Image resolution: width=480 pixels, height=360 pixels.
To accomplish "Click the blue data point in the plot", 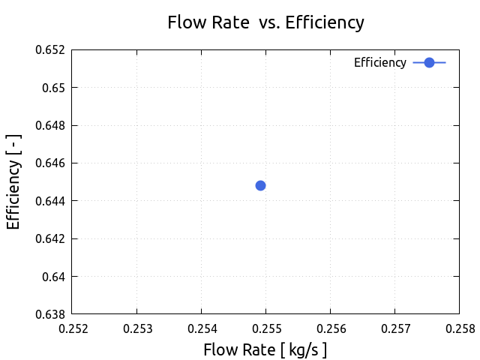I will (x=260, y=185).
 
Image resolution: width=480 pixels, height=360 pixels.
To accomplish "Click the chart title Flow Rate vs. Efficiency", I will (x=265, y=22).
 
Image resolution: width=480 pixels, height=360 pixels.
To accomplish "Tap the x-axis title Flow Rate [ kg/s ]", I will (x=265, y=349).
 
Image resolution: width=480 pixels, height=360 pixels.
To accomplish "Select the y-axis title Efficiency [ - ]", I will (x=13, y=181).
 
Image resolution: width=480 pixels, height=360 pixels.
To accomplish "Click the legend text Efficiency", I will (x=379, y=63).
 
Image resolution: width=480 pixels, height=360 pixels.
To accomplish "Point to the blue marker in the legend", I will (x=429, y=63).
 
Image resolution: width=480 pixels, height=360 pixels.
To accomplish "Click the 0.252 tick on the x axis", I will (x=72, y=328).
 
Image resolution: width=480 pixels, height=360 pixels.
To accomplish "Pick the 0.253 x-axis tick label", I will (x=136, y=328).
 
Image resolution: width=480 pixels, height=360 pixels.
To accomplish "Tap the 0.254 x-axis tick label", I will (x=201, y=328).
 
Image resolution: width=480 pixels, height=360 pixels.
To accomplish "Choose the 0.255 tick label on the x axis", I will (x=265, y=328).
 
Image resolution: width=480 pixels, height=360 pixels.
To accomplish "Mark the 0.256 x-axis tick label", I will (x=330, y=328).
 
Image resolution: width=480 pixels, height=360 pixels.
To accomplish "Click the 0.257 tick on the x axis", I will (x=394, y=328).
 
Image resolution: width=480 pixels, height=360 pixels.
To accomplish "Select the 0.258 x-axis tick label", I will (x=459, y=328).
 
